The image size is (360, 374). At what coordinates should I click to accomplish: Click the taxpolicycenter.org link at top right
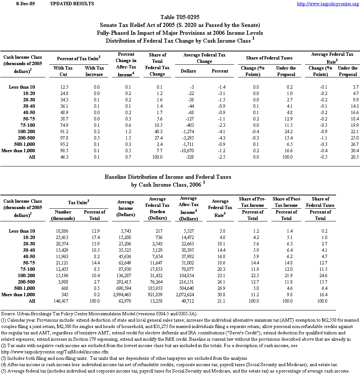[x=327, y=4]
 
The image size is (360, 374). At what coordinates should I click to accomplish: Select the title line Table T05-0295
[x=180, y=17]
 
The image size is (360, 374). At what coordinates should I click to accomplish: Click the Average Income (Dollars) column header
[x=125, y=208]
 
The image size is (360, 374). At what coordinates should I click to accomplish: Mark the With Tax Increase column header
[x=94, y=71]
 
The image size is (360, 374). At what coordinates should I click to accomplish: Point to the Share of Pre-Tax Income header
[x=253, y=202]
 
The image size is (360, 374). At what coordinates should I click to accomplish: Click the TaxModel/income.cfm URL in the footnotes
[x=52, y=352]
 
